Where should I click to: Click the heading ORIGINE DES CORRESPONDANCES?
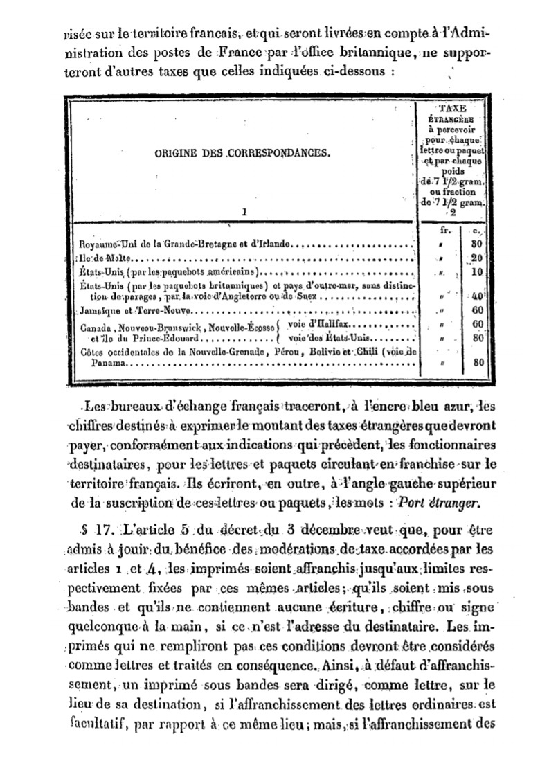(242, 154)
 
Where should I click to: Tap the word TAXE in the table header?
(453, 109)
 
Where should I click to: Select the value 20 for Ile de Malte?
(476, 257)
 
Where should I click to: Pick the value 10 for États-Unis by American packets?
(476, 271)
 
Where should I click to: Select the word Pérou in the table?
(294, 352)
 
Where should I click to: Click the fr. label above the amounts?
(446, 229)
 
